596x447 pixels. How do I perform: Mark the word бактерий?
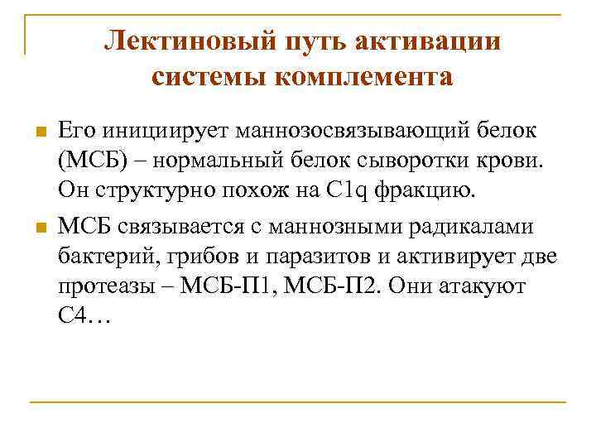pyautogui.click(x=100, y=256)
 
